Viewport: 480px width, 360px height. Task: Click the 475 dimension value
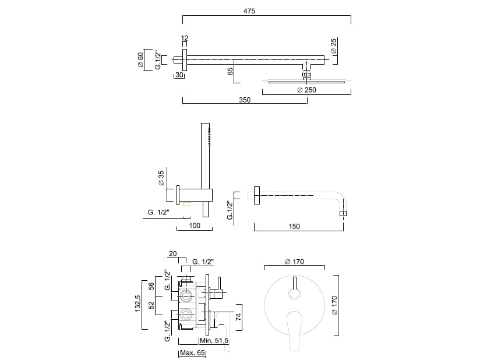(x=249, y=11)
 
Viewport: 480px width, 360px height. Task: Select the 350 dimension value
(x=245, y=100)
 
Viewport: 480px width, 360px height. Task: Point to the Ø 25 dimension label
(x=334, y=46)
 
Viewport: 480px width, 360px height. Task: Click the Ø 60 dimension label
(x=141, y=59)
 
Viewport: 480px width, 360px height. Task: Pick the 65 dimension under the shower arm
(x=230, y=71)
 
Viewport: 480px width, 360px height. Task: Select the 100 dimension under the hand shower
(x=195, y=226)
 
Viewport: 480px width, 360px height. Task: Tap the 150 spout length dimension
(x=294, y=227)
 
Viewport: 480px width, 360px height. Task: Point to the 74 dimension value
(x=238, y=317)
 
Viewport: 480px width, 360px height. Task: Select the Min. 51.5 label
(x=214, y=340)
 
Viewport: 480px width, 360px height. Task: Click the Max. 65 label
(x=193, y=354)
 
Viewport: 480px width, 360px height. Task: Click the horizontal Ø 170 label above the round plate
(x=295, y=262)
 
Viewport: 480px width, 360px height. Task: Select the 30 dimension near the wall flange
(x=179, y=75)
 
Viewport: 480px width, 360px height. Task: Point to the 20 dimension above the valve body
(x=172, y=253)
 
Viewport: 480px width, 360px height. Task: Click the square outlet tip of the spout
(x=344, y=214)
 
